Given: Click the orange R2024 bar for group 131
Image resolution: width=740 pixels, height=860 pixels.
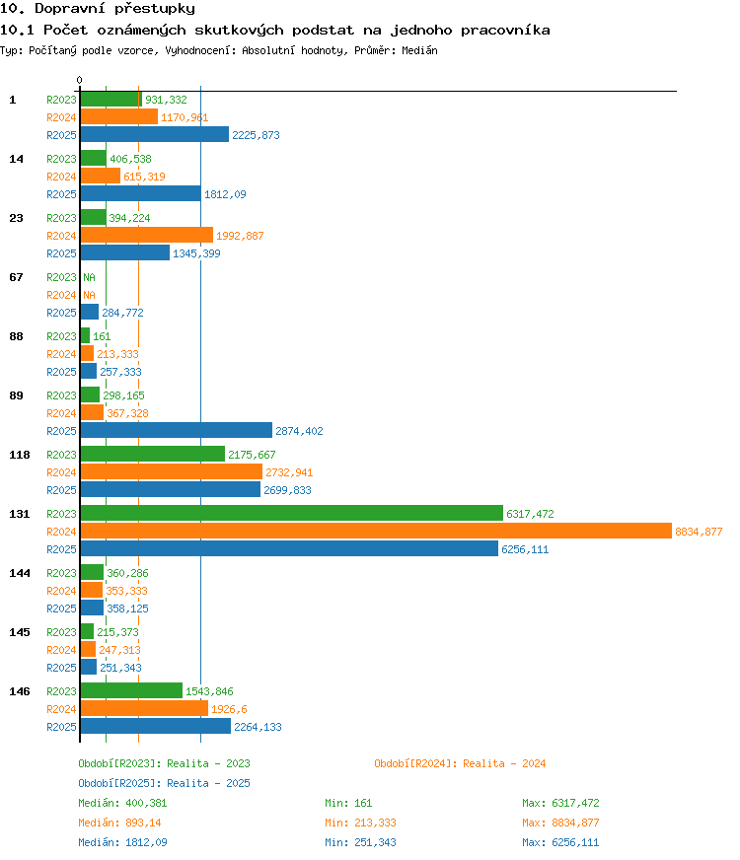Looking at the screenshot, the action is [376, 531].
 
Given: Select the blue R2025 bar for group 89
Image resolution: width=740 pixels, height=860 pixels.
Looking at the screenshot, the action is [176, 430].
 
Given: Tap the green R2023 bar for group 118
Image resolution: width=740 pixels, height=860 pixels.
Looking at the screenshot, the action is [153, 454].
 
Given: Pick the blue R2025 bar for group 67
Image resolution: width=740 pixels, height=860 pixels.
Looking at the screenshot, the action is [90, 312].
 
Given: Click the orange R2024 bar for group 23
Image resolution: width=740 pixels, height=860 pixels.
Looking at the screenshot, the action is [146, 235].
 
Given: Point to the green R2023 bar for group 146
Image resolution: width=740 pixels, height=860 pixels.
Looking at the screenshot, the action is [131, 690].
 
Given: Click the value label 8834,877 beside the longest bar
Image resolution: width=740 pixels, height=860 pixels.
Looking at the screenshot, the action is [699, 532].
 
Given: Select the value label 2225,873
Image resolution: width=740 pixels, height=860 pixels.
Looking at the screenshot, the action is [256, 135].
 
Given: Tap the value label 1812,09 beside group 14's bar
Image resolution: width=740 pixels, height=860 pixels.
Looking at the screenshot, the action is [225, 194].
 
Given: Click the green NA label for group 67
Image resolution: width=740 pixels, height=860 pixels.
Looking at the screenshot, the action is [89, 277].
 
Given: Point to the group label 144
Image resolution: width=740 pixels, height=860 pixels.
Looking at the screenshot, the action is [19, 573].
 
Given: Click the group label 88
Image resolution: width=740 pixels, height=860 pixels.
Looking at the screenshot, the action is [16, 336].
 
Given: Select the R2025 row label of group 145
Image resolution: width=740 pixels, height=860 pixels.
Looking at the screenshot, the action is [61, 668].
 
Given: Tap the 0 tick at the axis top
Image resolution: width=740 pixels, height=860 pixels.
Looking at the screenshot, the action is [80, 80].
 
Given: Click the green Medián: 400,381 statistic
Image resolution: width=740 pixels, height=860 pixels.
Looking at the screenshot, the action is [122, 803].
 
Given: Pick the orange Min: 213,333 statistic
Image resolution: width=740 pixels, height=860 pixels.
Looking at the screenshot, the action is [360, 823].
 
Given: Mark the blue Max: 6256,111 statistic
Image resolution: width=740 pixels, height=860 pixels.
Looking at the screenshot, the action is [560, 842].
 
